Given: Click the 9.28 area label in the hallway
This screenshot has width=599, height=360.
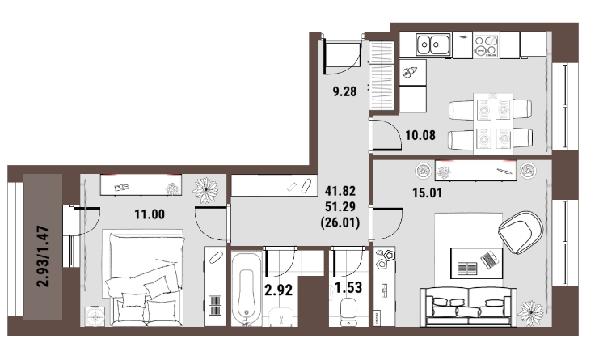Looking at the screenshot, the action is pyautogui.click(x=344, y=91).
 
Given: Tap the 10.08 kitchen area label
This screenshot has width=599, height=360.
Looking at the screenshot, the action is pyautogui.click(x=420, y=135).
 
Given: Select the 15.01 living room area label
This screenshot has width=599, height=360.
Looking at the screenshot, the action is pyautogui.click(x=427, y=193).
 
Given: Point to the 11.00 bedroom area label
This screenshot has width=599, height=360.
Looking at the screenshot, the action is pyautogui.click(x=150, y=214).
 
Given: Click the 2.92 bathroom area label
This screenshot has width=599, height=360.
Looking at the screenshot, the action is pyautogui.click(x=279, y=290).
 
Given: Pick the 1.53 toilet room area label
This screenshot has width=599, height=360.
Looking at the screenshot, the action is pyautogui.click(x=348, y=287).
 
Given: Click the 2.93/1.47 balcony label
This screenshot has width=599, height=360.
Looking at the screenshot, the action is pyautogui.click(x=43, y=256).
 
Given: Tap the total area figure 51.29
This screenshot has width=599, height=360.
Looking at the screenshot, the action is pyautogui.click(x=340, y=207).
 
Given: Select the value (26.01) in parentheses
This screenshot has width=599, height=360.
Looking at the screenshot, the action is pyautogui.click(x=340, y=222).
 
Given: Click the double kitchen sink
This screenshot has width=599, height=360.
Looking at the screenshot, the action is pyautogui.click(x=433, y=44).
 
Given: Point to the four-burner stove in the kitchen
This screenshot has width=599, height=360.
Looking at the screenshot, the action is pyautogui.click(x=487, y=45).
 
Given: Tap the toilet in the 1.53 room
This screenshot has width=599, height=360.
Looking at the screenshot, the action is pyautogui.click(x=348, y=311).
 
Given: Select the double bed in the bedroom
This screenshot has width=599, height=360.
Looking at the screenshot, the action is pyautogui.click(x=143, y=277).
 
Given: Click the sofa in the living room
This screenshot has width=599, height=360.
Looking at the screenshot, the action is pyautogui.click(x=468, y=307).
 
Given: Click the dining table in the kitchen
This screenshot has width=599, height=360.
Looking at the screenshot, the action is pyautogui.click(x=493, y=124).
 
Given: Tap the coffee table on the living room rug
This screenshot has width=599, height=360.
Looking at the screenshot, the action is pyautogui.click(x=476, y=263).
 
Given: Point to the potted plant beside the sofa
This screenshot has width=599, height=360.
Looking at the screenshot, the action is pyautogui.click(x=530, y=313).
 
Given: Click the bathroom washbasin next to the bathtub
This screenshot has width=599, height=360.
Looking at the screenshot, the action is pyautogui.click(x=282, y=317).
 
